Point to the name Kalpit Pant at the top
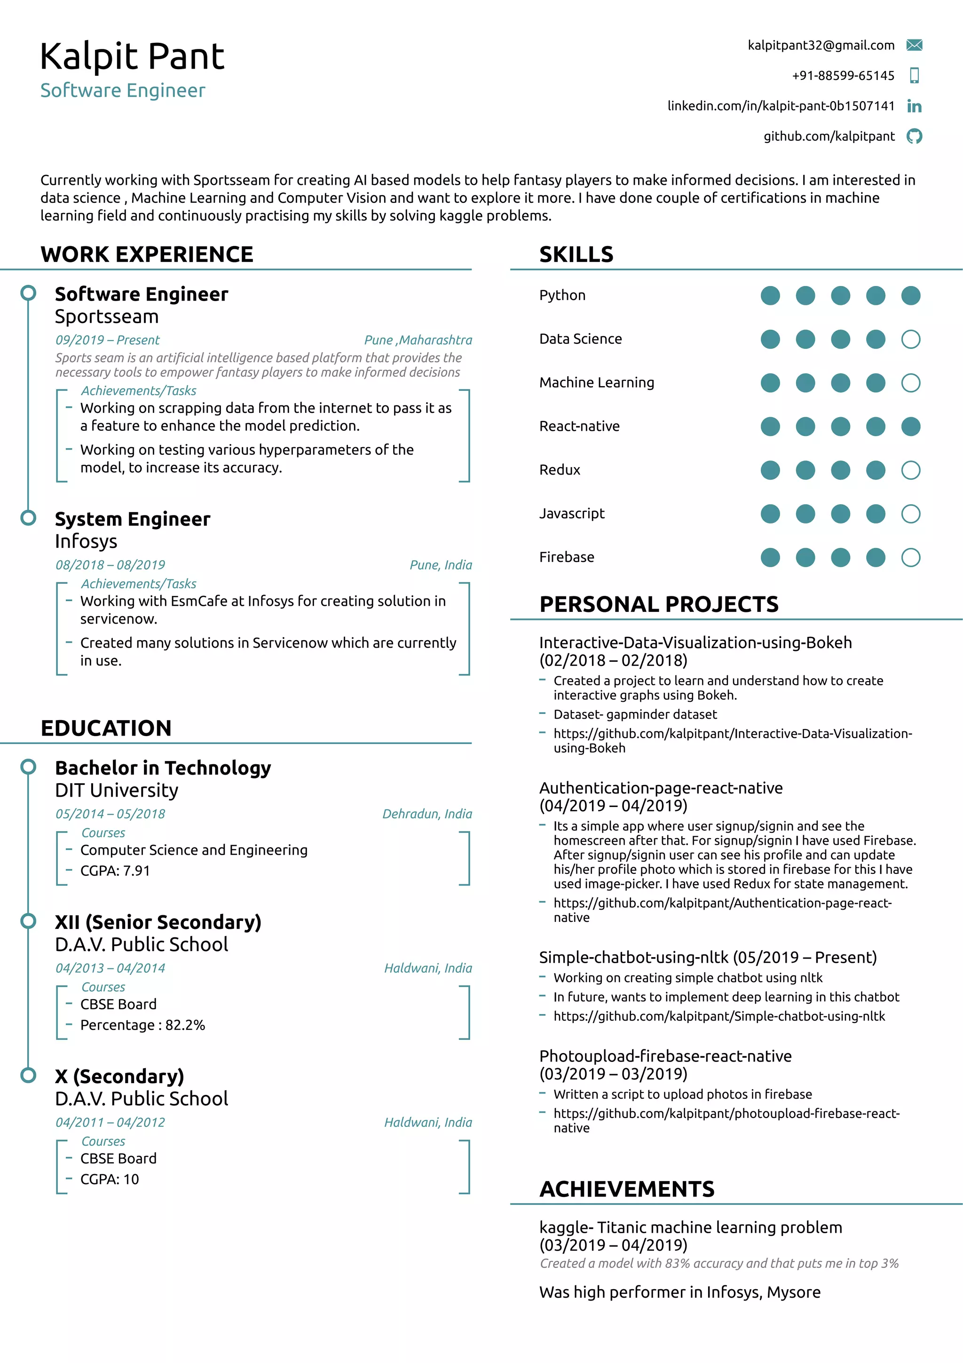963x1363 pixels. point(132,57)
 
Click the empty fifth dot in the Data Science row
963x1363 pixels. point(910,340)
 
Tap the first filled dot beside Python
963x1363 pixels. point(770,296)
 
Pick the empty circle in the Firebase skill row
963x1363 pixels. point(910,557)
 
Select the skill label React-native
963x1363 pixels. point(579,426)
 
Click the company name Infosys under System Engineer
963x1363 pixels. point(86,541)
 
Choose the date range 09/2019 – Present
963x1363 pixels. point(107,340)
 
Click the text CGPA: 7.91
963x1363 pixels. point(115,871)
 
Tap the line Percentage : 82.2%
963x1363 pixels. point(142,1025)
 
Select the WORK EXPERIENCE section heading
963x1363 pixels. point(147,254)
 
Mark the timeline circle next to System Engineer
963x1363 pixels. point(28,518)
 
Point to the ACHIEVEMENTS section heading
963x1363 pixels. point(627,1189)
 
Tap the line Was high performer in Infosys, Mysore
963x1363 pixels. point(679,1292)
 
